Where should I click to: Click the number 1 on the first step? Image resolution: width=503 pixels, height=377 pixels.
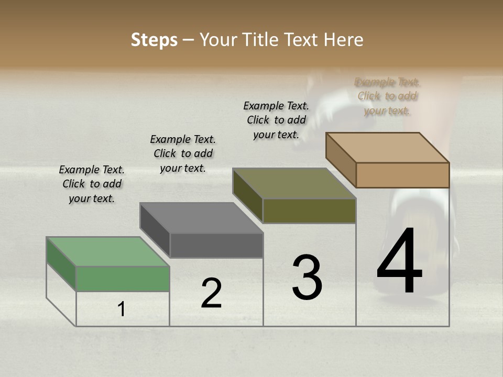(122, 309)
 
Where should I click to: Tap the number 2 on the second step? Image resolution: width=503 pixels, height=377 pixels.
(211, 293)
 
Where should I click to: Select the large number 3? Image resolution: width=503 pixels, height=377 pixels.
(307, 278)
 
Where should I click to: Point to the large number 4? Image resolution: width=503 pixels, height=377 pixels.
(399, 262)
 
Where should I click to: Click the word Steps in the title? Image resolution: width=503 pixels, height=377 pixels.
(154, 40)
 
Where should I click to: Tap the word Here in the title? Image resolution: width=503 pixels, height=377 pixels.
(344, 40)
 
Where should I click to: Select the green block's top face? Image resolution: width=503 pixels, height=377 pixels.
(108, 251)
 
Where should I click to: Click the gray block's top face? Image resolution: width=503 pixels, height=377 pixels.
(201, 218)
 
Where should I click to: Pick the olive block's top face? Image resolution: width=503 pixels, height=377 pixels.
(294, 183)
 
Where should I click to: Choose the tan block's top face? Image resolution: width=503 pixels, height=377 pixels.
(388, 147)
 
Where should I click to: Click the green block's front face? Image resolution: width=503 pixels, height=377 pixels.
(123, 279)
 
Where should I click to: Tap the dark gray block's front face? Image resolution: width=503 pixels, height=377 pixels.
(216, 246)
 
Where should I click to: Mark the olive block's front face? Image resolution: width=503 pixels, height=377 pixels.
(309, 211)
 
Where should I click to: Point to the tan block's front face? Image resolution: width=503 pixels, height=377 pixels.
(402, 175)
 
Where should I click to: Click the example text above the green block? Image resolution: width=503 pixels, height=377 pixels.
(92, 184)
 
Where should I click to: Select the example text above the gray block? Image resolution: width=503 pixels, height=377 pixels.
(183, 153)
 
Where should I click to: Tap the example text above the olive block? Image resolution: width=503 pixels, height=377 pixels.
(276, 120)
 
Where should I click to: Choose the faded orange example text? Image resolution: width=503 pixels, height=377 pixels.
(387, 96)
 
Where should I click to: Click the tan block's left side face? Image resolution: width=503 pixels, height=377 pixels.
(341, 160)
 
